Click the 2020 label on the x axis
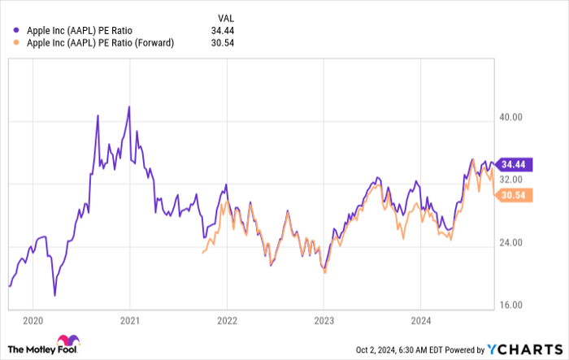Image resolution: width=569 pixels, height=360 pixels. (x=33, y=319)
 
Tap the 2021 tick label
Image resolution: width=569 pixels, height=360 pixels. (x=130, y=319)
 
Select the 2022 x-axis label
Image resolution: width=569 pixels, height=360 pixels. (x=227, y=319)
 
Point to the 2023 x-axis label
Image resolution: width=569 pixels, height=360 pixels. (x=324, y=319)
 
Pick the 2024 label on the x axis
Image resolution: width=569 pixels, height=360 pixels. (x=421, y=319)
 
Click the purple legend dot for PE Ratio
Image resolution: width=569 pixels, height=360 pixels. (x=16, y=30)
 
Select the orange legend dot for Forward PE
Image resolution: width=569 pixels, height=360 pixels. (x=16, y=42)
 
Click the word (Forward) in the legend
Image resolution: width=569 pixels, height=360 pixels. (x=154, y=42)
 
